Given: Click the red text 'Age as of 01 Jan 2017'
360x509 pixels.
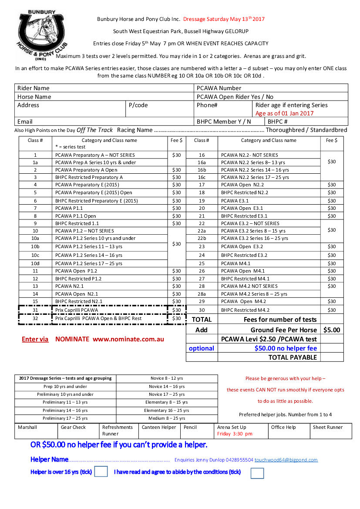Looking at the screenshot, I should tap(284, 113).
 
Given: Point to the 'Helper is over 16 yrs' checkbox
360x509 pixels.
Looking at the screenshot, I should tap(101, 472).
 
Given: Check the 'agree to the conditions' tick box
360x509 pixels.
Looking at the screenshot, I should tap(257, 473).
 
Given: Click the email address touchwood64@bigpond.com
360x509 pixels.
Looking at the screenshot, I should tap(286, 460).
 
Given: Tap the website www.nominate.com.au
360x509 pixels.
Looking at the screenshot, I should tap(128, 339).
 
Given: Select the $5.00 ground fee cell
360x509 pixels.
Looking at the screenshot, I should tap(332, 330).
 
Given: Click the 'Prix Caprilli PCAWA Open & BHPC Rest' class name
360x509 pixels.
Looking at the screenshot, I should tap(98, 319).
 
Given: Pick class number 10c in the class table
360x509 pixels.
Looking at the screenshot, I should tap(35, 255).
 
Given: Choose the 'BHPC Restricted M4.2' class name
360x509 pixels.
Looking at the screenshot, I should tap(245, 310).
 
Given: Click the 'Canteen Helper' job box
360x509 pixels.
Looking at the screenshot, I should tap(159, 428).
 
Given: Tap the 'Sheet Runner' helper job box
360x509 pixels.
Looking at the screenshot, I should tap(328, 428).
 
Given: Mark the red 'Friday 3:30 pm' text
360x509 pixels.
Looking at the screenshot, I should tap(235, 434).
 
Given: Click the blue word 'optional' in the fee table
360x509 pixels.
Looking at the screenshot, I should tap(201, 348).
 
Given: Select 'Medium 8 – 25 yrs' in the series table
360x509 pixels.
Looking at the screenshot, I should tap(167, 418).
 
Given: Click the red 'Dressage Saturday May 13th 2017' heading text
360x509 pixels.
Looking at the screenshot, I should tap(224, 19).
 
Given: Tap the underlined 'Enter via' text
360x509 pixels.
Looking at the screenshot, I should tap(35, 339).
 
